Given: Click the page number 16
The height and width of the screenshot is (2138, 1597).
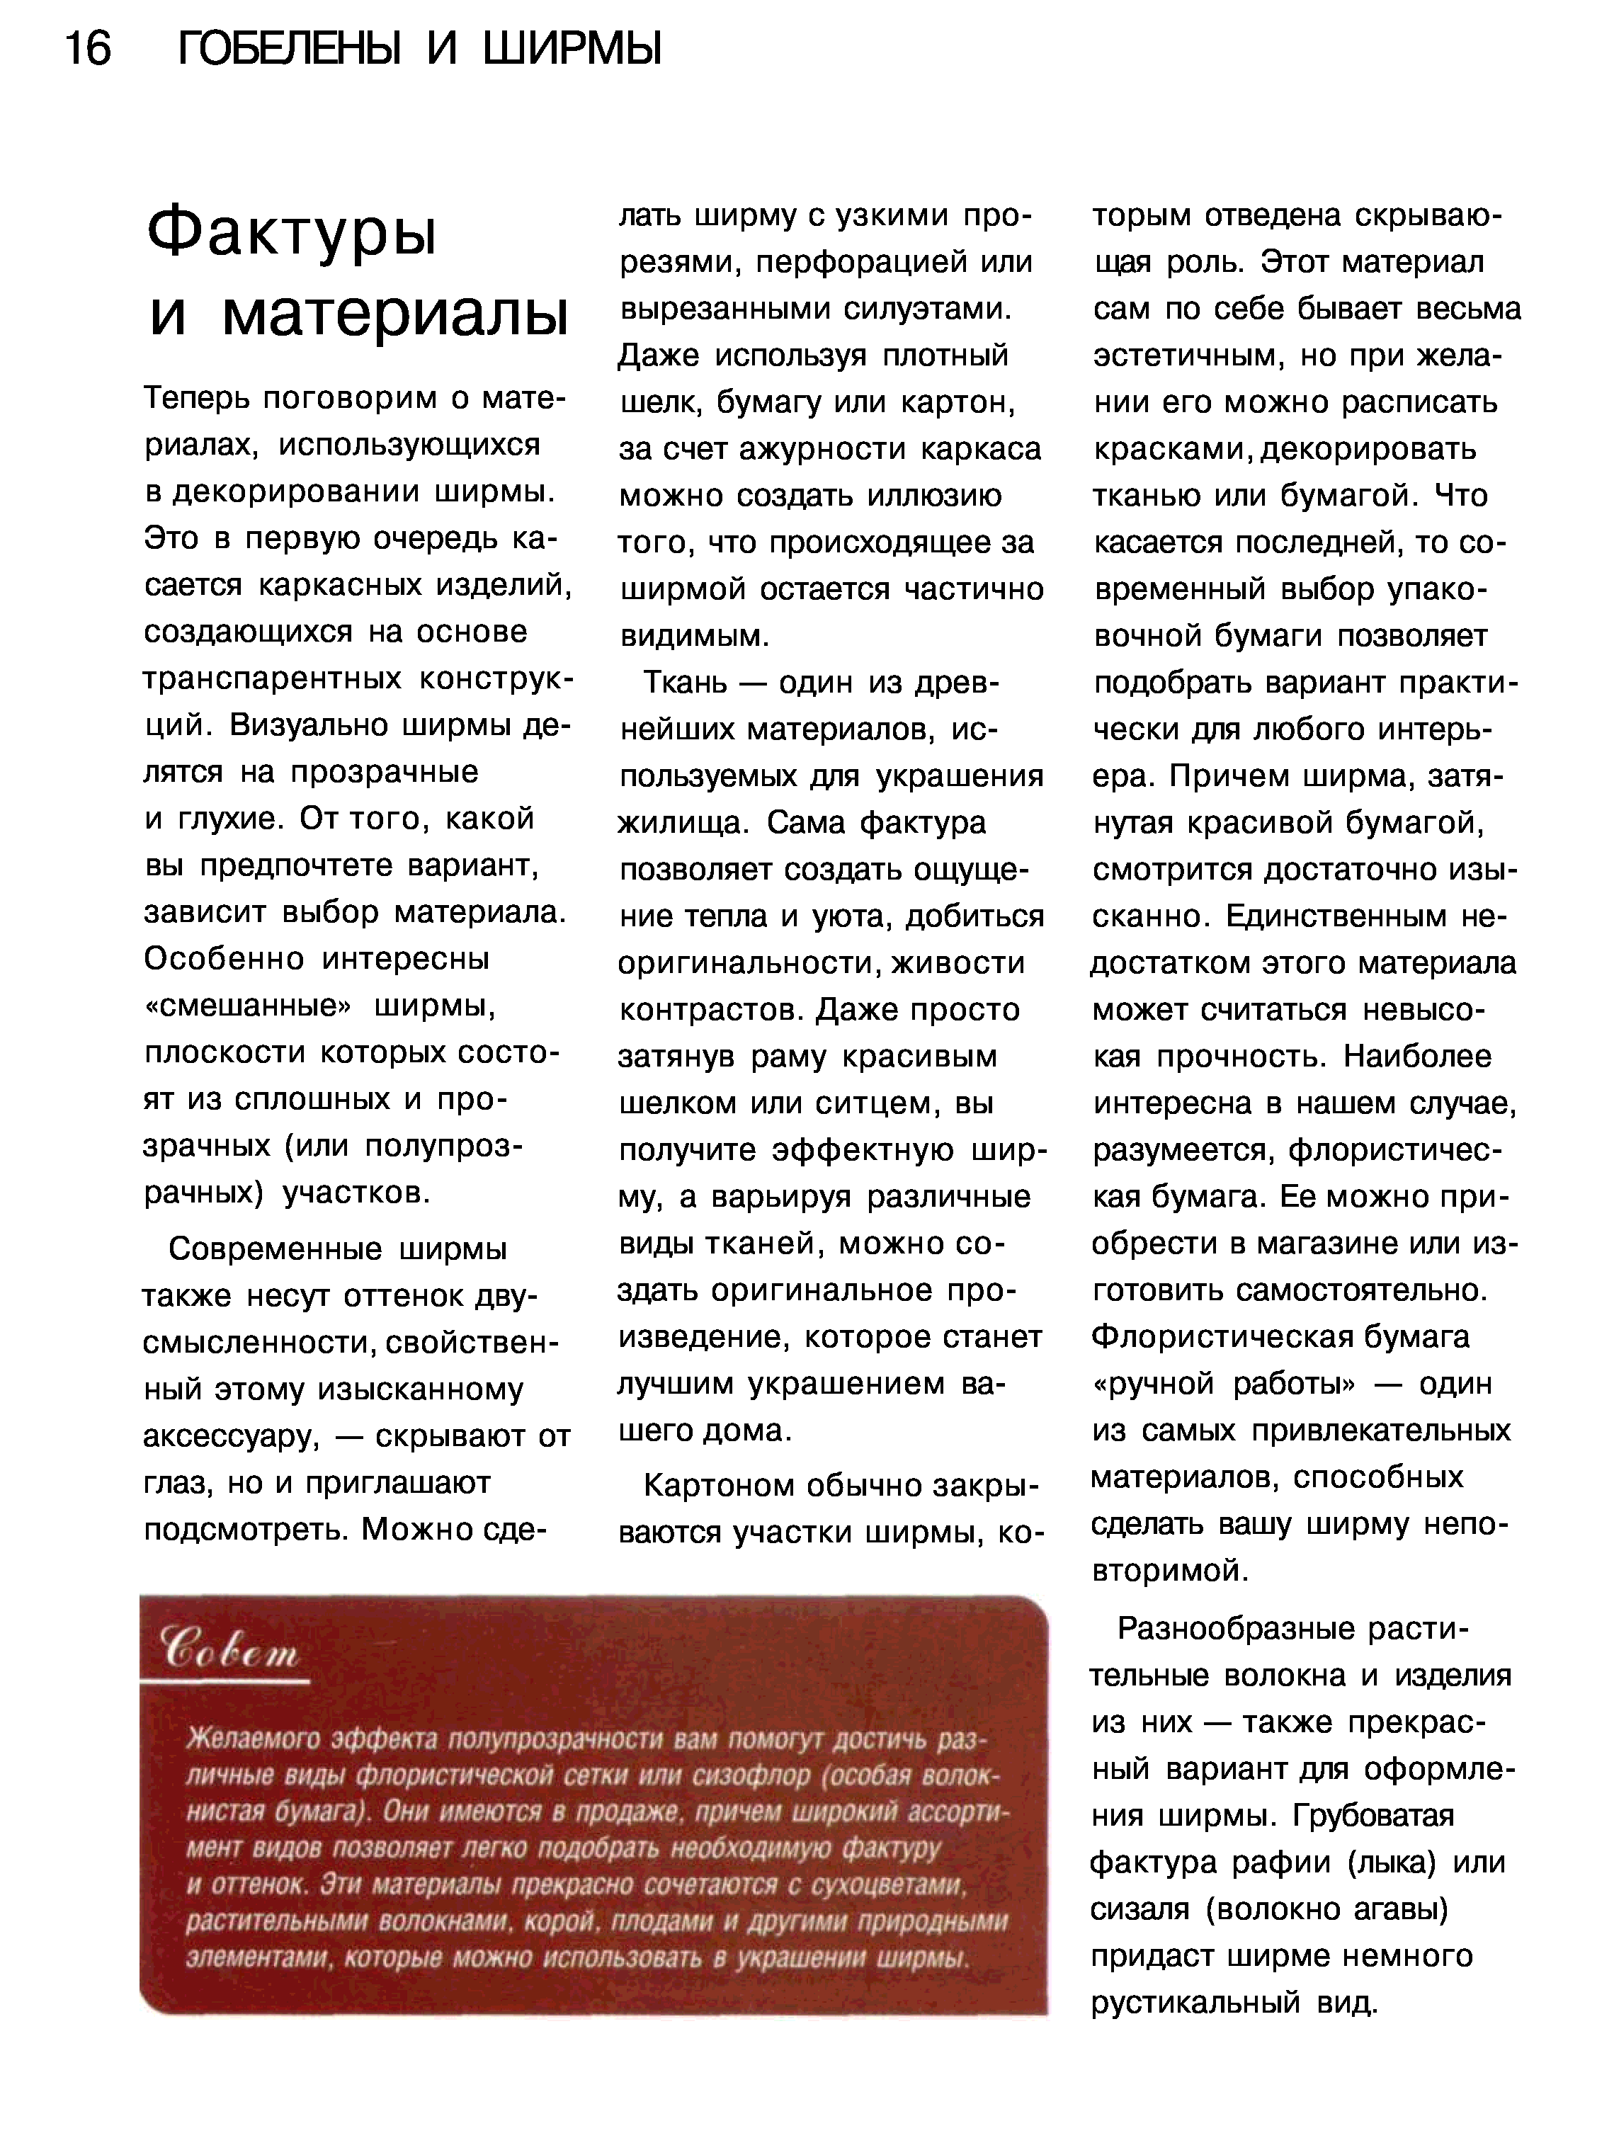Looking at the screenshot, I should click(x=88, y=47).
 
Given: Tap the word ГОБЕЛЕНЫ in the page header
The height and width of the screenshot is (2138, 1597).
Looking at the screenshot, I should click(x=290, y=47).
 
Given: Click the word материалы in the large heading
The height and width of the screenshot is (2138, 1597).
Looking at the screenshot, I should click(x=394, y=316).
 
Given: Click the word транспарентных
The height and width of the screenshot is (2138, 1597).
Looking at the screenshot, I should click(x=272, y=678).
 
